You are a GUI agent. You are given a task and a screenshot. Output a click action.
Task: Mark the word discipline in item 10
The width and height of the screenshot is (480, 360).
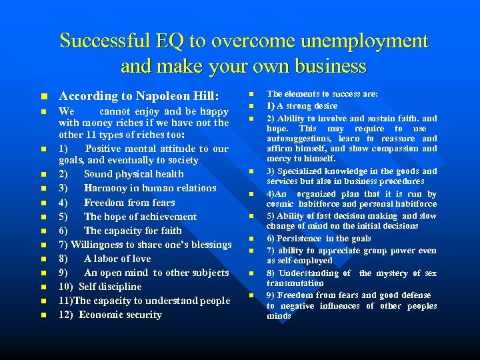tap(119, 287)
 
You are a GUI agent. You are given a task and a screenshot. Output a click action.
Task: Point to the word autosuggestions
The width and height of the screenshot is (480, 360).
tap(300, 139)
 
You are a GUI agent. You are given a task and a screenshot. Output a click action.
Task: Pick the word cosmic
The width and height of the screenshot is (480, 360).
tap(281, 204)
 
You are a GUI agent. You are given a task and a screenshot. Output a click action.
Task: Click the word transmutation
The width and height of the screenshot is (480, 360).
tap(295, 283)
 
